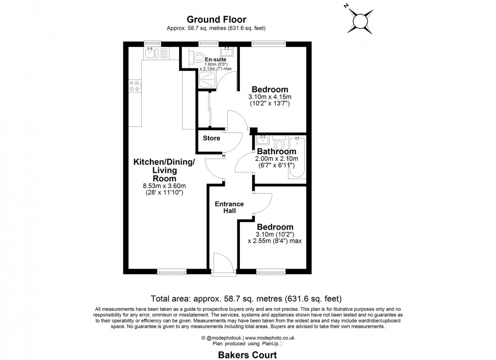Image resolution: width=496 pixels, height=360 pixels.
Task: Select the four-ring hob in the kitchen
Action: [135, 86]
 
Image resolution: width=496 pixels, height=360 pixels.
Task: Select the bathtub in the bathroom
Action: [297, 157]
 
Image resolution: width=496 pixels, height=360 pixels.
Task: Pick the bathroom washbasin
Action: [263, 140]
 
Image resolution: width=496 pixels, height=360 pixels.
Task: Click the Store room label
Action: [212, 138]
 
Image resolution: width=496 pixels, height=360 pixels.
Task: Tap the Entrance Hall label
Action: [229, 207]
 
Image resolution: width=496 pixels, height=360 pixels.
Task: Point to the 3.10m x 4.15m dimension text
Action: [270, 97]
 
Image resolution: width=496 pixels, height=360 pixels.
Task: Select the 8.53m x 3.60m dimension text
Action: [164, 186]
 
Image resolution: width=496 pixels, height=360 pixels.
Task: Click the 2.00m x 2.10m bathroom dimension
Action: [277, 159]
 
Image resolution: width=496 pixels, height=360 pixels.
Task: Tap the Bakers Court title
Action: [247, 354]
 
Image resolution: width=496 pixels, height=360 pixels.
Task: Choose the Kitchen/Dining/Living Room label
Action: [164, 170]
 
